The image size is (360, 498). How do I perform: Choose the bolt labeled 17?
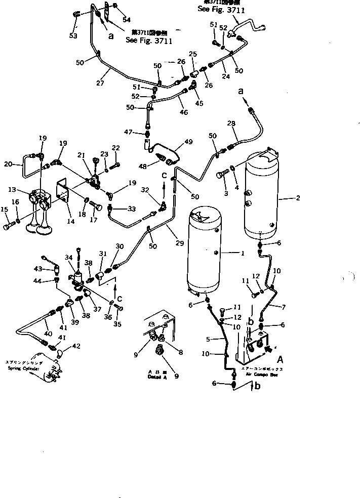point(96,207)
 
